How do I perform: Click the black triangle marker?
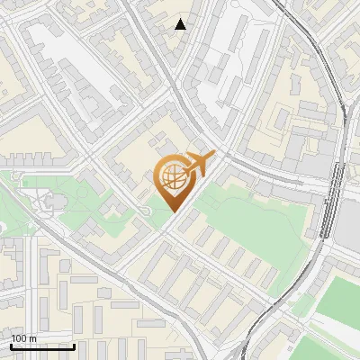(181, 24)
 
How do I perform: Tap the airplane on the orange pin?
(199, 163)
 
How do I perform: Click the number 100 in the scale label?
(19, 338)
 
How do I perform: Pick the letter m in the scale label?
(32, 338)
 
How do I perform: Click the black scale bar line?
(41, 346)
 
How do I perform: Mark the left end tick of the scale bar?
(10, 344)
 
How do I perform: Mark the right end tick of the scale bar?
(74, 344)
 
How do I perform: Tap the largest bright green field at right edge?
(337, 301)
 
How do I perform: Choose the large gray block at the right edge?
(348, 220)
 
